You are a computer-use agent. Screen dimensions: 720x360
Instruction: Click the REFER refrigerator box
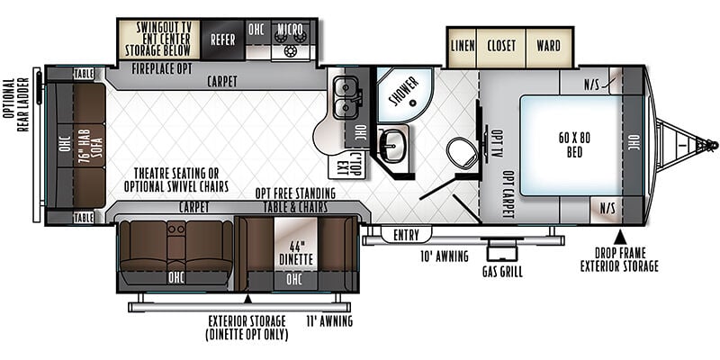pyautogui.click(x=222, y=40)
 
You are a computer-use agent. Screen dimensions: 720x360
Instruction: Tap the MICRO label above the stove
pyautogui.click(x=290, y=29)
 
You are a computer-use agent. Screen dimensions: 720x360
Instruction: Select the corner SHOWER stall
pyautogui.click(x=404, y=94)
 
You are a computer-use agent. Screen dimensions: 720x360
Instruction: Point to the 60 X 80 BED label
pyautogui.click(x=574, y=145)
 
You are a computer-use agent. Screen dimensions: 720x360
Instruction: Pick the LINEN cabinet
pyautogui.click(x=463, y=46)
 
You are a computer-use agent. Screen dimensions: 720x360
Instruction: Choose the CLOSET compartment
pyautogui.click(x=501, y=46)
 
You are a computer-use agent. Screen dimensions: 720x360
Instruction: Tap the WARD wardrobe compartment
pyautogui.click(x=549, y=46)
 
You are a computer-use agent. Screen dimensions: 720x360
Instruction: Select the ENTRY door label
pyautogui.click(x=407, y=236)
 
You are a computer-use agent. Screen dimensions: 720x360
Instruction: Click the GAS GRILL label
pyautogui.click(x=502, y=272)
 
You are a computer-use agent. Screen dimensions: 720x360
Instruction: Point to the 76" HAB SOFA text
pyautogui.click(x=91, y=145)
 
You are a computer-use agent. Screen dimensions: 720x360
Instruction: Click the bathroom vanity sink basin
pyautogui.click(x=392, y=145)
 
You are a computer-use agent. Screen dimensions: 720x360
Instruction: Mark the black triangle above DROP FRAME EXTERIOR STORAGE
pyautogui.click(x=620, y=237)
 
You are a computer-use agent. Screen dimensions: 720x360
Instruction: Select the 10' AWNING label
pyautogui.click(x=445, y=256)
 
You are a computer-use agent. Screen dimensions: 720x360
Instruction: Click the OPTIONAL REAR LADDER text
pyautogui.click(x=15, y=105)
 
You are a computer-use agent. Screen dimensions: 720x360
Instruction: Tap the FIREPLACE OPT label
pyautogui.click(x=162, y=69)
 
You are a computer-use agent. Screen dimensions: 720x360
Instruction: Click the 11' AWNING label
pyautogui.click(x=329, y=320)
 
